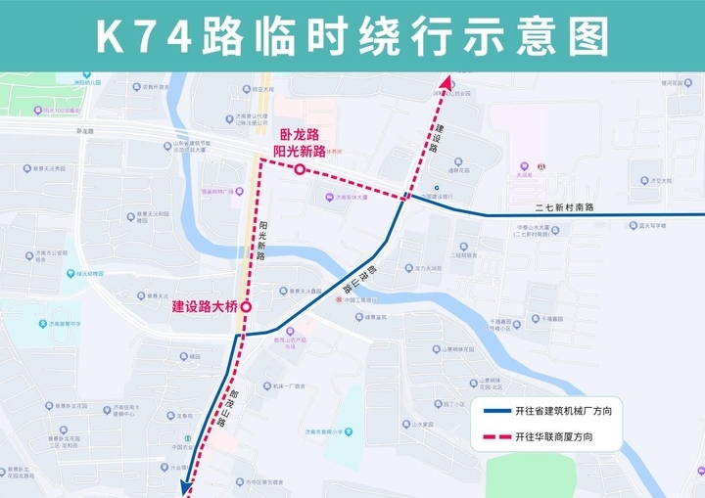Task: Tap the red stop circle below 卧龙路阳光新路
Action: coord(300,170)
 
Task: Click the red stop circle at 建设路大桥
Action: coord(246,307)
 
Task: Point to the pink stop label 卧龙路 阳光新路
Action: coord(300,143)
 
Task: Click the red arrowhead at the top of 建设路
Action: coord(446,84)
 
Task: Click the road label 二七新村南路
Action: coord(565,207)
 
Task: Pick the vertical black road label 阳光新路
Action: coord(262,240)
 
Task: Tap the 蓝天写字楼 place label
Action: coord(650,226)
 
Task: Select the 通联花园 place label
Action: coord(460,170)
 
